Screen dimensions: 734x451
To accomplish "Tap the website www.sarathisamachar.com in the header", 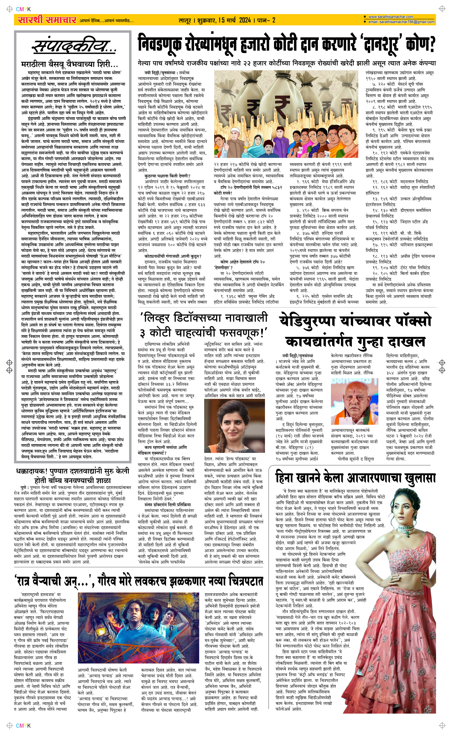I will tap(391, 17).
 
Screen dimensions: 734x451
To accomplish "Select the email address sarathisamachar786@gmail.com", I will tap(401, 22).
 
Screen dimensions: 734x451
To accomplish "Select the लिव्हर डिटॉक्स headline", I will tap(204, 325).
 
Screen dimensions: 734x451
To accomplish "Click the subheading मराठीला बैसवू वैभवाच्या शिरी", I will tap(70, 65).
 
